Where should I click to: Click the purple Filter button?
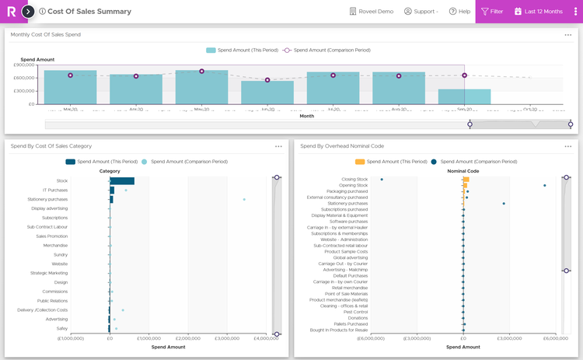pyautogui.click(x=491, y=12)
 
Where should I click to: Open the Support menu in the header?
pyautogui.click(x=421, y=12)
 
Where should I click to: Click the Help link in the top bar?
pyautogui.click(x=459, y=12)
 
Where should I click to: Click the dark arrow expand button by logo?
pyautogui.click(x=28, y=12)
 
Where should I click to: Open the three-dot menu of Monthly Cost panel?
pyautogui.click(x=568, y=35)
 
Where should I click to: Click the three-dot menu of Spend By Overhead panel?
pyautogui.click(x=568, y=146)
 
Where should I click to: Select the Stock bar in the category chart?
pyautogui.click(x=122, y=181)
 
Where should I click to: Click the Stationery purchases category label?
pyautogui.click(x=47, y=199)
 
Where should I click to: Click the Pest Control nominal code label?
pyautogui.click(x=355, y=312)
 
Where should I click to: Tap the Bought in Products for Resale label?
pyautogui.click(x=339, y=330)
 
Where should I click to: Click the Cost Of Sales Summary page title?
pyautogui.click(x=89, y=12)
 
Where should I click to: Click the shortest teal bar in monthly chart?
pyautogui.click(x=464, y=96)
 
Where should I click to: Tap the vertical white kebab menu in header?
pyautogui.click(x=575, y=12)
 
